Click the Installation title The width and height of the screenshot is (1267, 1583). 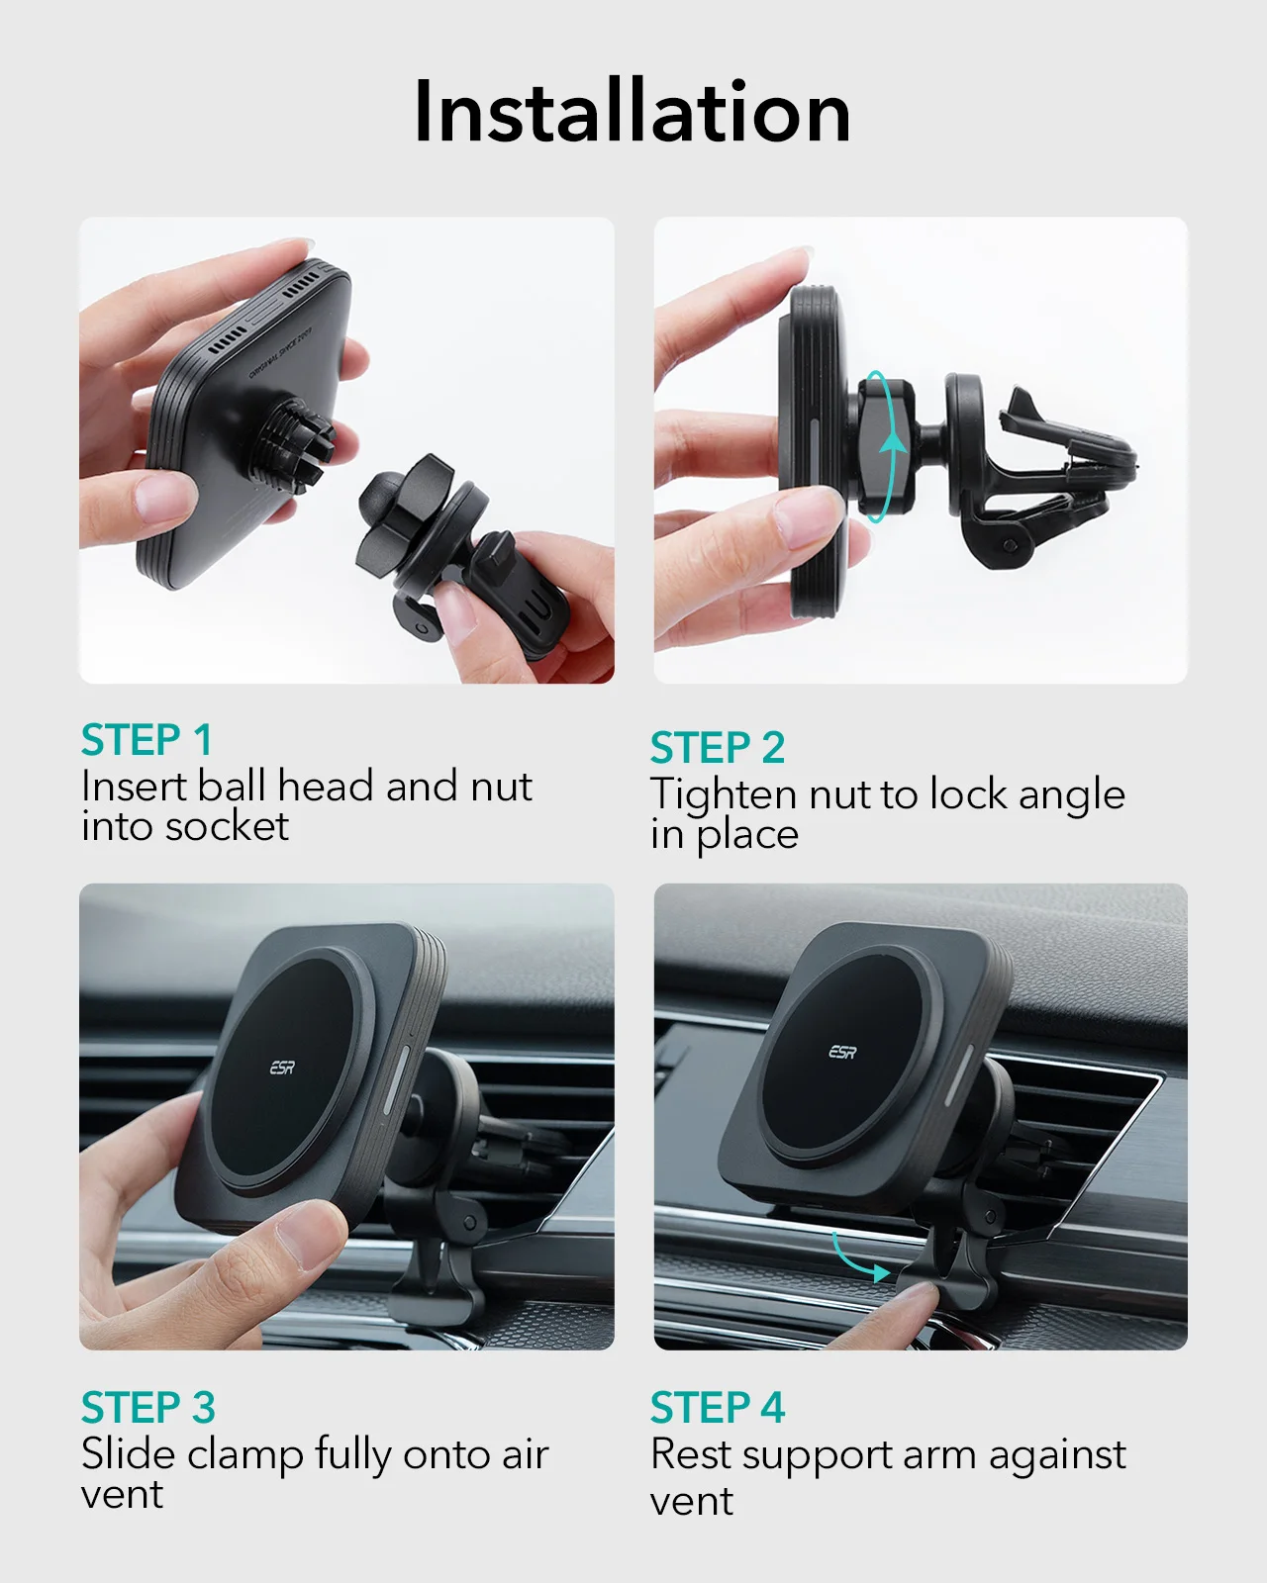coord(633,111)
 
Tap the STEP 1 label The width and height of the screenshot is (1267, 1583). coord(146,739)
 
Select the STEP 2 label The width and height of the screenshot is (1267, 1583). coord(718,747)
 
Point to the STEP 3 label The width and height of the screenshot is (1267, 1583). coord(147,1407)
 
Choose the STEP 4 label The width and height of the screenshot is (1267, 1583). coord(718,1407)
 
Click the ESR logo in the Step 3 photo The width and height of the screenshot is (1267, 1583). coord(282,1067)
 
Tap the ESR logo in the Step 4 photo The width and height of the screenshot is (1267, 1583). coord(843,1052)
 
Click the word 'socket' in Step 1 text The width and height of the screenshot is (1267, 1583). coord(227,826)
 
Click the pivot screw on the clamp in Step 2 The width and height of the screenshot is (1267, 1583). coord(1010,545)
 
